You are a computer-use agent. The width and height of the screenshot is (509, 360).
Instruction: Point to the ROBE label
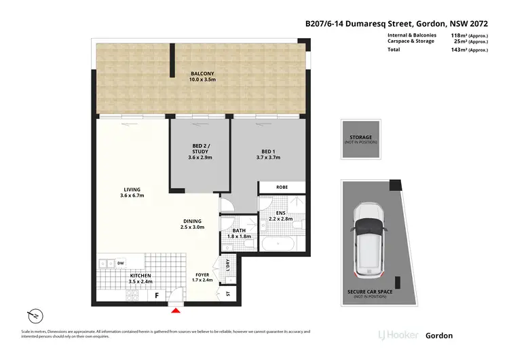point(282,186)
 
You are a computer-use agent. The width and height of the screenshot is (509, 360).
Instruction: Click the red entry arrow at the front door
point(176,310)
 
